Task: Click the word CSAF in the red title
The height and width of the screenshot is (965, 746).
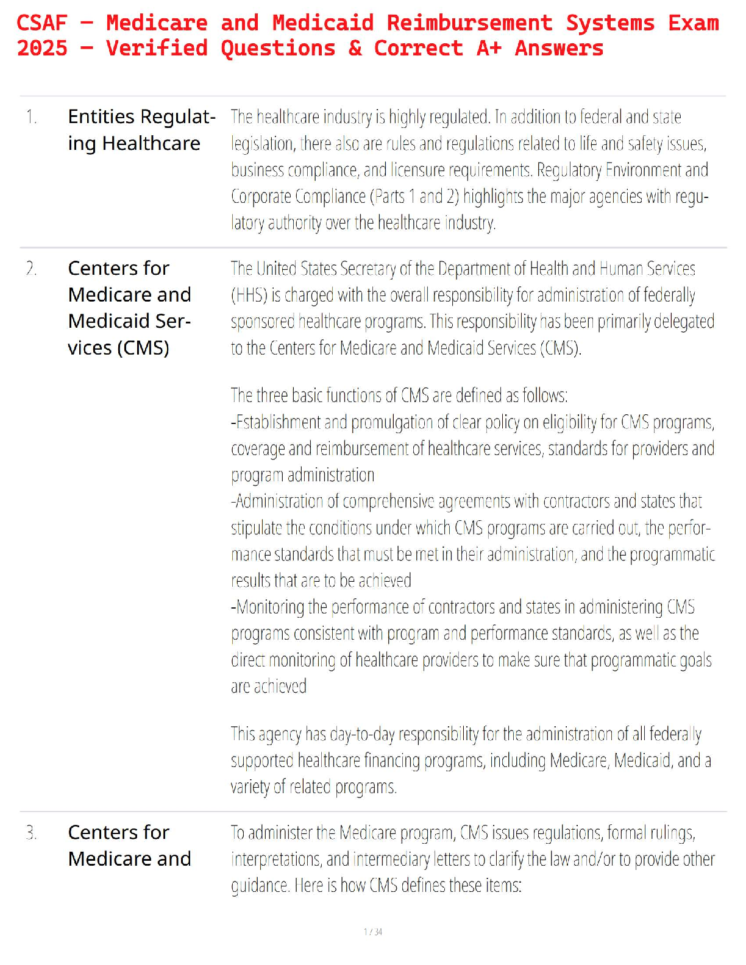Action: pos(41,23)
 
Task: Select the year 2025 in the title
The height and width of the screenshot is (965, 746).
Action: pos(42,48)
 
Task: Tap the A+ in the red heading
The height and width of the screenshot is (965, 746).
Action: pos(489,48)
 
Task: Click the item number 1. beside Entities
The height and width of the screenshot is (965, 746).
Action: pos(31,116)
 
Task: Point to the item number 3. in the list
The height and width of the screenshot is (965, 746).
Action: pos(31,832)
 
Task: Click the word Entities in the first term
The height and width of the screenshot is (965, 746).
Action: pos(101,116)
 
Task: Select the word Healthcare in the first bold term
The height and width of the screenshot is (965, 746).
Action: pos(151,143)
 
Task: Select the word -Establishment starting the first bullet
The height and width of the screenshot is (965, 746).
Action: pos(275,422)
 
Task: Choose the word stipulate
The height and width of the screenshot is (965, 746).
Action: pos(256,528)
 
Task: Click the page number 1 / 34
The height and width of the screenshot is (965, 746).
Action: pos(373,931)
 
